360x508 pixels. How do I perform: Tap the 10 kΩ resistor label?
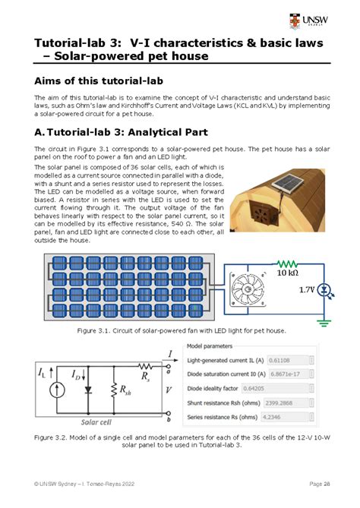tap(287, 272)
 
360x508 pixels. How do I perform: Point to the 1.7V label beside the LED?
tap(306, 290)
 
